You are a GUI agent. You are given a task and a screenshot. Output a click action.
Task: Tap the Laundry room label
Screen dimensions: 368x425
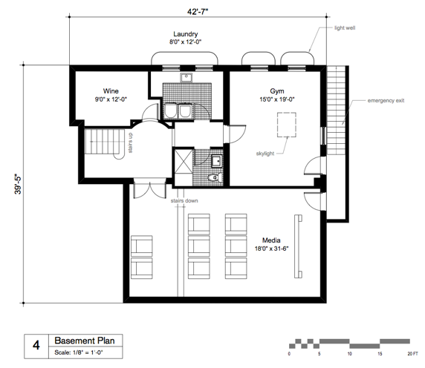pos(185,34)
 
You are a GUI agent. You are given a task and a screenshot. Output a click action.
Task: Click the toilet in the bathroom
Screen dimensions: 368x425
pos(214,178)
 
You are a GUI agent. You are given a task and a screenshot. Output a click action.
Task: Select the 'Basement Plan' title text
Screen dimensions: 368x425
pos(82,340)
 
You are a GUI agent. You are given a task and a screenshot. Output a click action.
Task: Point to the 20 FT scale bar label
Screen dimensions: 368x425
pos(410,353)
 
